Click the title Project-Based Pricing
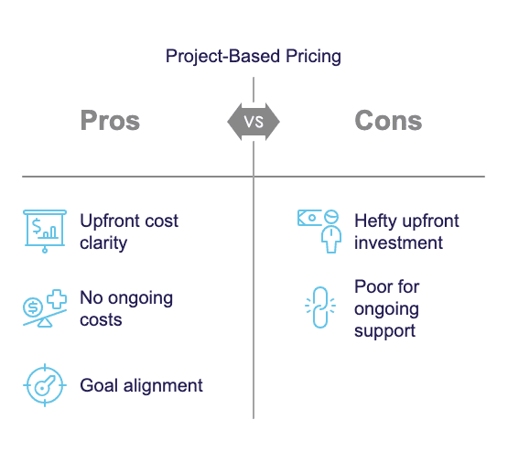[253, 57]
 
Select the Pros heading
[110, 121]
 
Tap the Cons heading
[388, 121]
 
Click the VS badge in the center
[254, 122]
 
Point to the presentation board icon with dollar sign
[45, 231]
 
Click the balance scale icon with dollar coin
[45, 308]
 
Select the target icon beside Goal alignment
[45, 385]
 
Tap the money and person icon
[319, 231]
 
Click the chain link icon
[320, 307]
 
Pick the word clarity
[103, 243]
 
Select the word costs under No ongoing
[101, 320]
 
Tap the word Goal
[99, 385]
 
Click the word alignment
[163, 386]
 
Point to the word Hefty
[375, 221]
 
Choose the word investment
[398, 242]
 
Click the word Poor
[373, 287]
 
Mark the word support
[384, 331]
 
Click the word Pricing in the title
[313, 57]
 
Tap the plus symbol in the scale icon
[57, 299]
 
